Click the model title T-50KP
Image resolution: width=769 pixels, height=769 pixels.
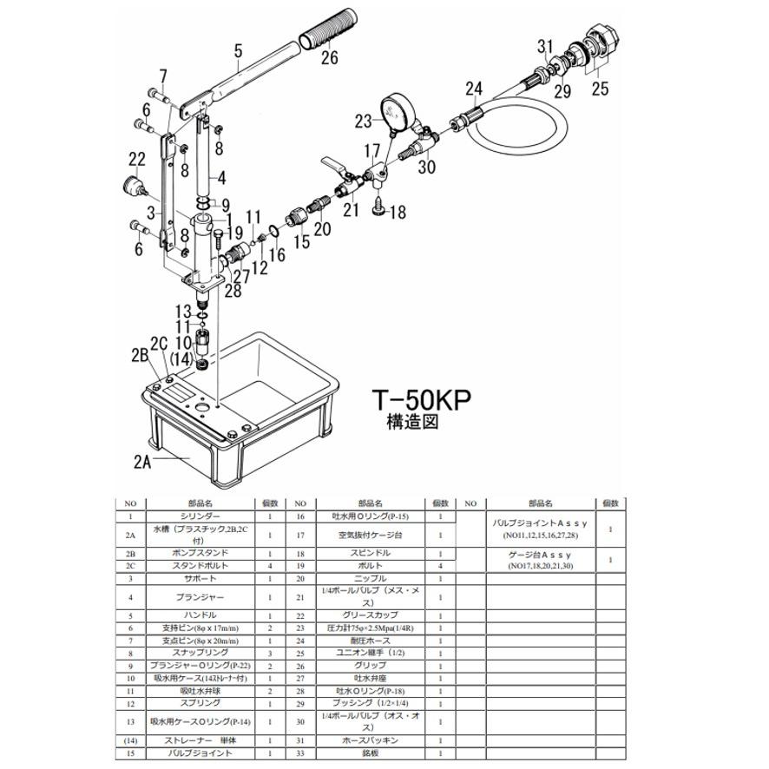(421, 400)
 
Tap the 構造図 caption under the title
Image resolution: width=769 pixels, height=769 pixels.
(411, 423)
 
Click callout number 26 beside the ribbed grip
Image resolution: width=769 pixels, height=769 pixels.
(330, 59)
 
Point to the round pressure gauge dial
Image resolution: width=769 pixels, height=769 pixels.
(399, 112)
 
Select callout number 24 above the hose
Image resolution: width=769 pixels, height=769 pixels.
(473, 88)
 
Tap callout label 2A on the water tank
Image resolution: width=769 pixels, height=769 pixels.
(142, 462)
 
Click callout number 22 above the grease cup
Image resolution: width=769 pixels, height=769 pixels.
(136, 159)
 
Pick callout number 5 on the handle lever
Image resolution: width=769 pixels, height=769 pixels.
(237, 51)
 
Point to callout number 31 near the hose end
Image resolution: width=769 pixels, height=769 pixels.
(544, 46)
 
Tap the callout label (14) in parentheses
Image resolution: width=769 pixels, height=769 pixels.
(181, 358)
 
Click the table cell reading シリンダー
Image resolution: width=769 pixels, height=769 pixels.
(205, 516)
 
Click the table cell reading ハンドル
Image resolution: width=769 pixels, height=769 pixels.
(205, 615)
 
